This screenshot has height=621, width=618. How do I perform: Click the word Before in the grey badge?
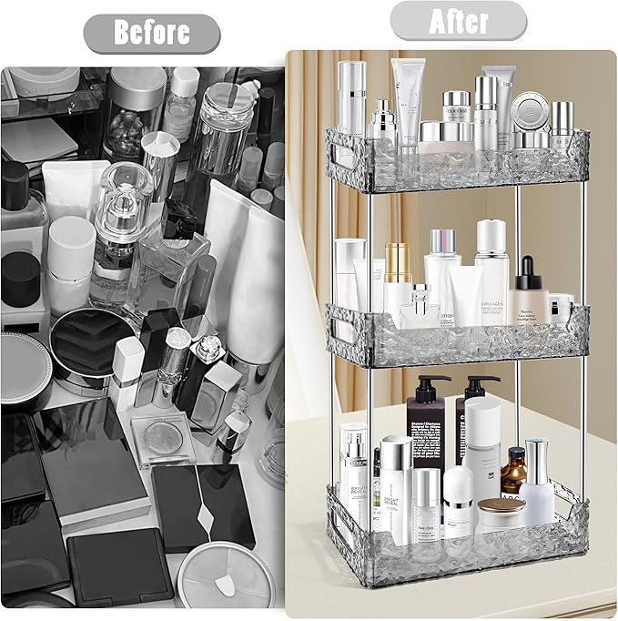151,33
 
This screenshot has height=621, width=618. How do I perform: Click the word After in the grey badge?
458,20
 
